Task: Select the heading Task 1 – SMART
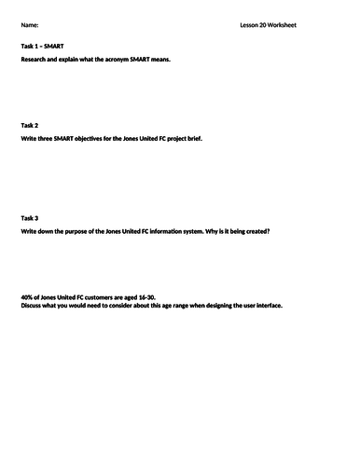coord(43,46)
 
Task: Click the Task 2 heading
coord(29,124)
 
